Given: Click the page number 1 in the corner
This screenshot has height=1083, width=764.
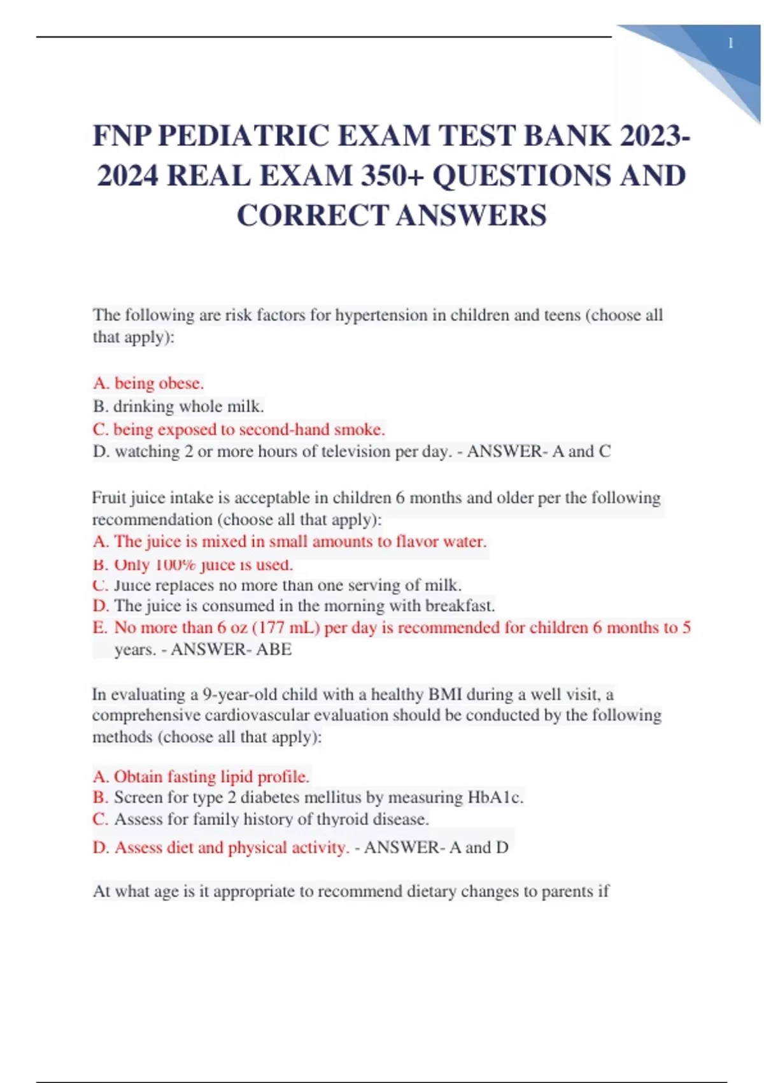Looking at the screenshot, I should pos(730,43).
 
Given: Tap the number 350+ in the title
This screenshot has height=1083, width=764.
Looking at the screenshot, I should pos(390,176).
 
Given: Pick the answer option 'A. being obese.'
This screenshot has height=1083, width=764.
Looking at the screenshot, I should pos(148,383).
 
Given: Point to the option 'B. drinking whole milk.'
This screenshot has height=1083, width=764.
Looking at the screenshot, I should pos(178,406).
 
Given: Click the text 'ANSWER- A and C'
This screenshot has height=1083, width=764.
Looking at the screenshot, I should pos(539,452).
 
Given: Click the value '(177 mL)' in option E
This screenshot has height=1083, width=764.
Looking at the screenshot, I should pos(286,628).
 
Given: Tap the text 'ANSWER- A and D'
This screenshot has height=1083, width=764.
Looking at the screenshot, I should pos(436,848).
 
